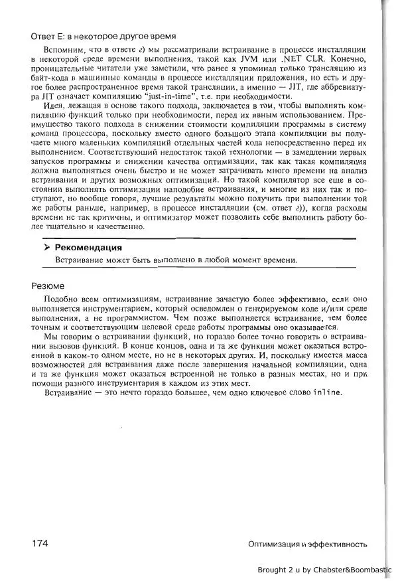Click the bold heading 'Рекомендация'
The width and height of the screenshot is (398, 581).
[x=88, y=248]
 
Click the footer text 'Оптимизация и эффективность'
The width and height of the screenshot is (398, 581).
[x=307, y=544]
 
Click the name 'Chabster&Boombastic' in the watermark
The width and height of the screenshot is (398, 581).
[x=355, y=570]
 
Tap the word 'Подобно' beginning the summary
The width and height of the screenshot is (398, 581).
[x=60, y=299]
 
